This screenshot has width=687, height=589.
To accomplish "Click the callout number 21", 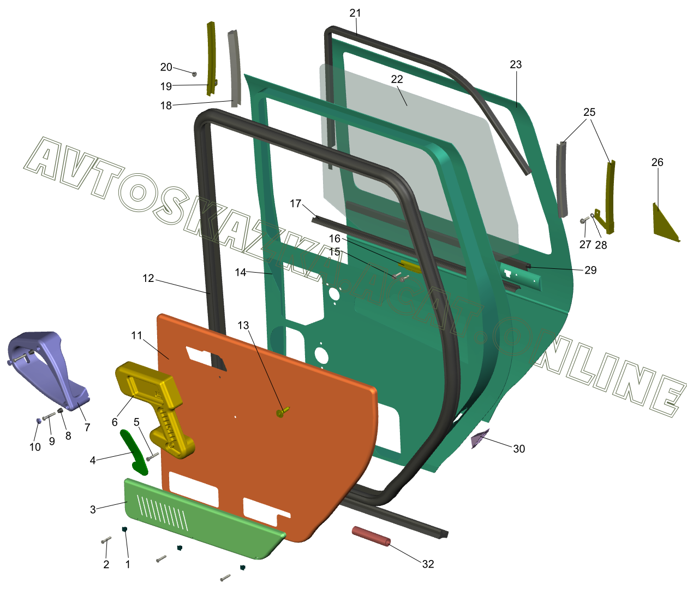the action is coord(355,13).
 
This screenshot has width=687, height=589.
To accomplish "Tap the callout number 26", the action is coord(657,162).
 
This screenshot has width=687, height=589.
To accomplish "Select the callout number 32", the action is coord(428,564).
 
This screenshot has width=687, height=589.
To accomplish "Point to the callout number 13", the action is coord(243,325).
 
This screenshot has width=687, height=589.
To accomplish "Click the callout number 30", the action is coord(519,449).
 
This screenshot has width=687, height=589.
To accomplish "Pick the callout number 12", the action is coord(148,278).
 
